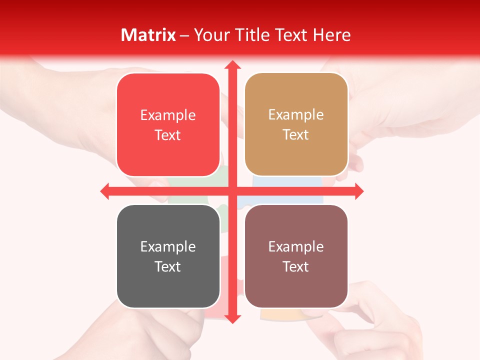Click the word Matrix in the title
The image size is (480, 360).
148,35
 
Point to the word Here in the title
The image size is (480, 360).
332,35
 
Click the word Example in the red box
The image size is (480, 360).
168,115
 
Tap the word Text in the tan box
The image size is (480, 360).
296,135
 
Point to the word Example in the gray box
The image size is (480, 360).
168,247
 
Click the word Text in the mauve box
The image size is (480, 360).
296,267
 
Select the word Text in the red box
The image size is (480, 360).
168,135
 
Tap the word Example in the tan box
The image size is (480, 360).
296,115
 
